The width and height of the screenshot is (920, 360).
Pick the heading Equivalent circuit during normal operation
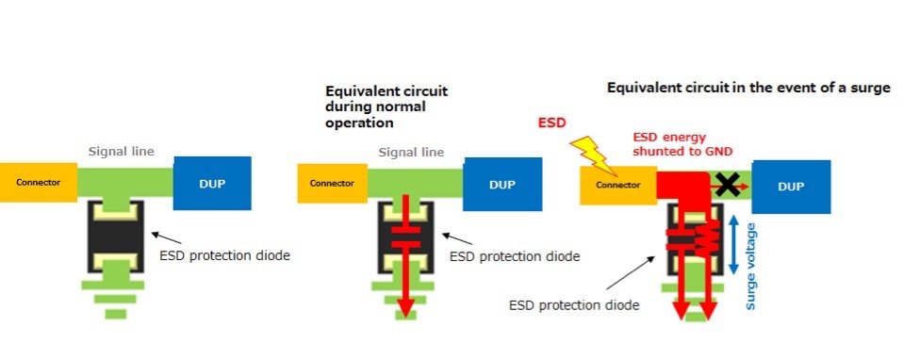coord(386,106)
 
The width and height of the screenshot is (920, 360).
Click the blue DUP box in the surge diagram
coord(791,187)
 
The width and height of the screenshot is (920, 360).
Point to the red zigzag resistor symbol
coord(701,241)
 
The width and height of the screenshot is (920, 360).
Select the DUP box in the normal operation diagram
coord(502,184)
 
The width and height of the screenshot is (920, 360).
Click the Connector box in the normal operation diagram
coord(333,183)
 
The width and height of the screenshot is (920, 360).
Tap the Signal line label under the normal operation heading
coord(410,152)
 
